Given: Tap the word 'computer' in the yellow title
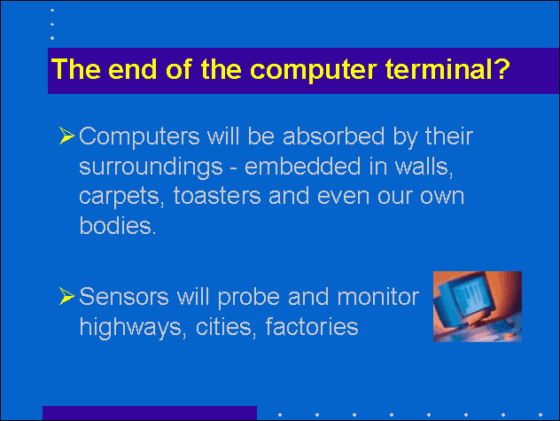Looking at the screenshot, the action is [313, 70].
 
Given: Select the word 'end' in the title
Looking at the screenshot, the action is [133, 68].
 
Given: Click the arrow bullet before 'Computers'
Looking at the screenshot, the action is [66, 136].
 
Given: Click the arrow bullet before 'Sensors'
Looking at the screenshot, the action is [66, 296].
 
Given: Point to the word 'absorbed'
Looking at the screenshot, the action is [333, 136].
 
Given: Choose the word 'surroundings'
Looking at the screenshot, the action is [151, 168].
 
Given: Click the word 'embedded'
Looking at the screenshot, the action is [302, 167].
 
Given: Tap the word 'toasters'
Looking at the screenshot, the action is [217, 196].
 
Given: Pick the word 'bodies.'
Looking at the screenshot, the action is [118, 225].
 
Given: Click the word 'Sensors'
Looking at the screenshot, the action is [124, 297].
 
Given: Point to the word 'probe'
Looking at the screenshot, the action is [249, 298].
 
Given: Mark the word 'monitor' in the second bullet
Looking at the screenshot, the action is [377, 297].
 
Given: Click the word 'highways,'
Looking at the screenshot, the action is [133, 328].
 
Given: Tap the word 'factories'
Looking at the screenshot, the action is [312, 327].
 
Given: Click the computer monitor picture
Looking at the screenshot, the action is [478, 307].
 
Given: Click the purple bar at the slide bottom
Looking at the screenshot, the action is [150, 413].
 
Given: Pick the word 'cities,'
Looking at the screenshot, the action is [226, 327].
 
